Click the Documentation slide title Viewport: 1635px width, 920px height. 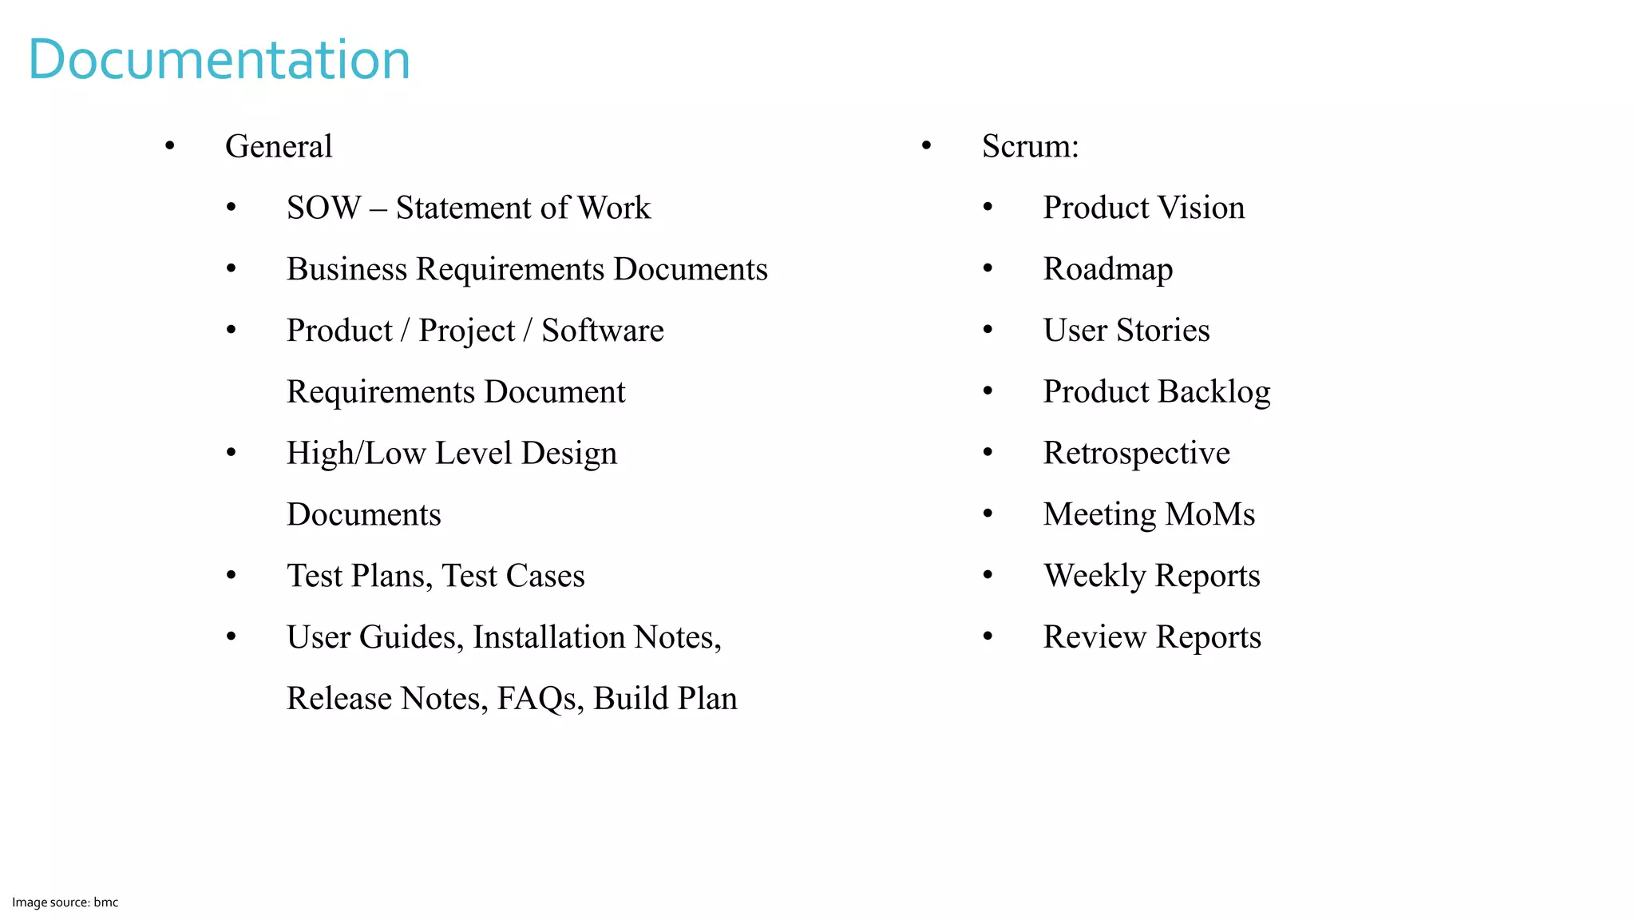click(219, 60)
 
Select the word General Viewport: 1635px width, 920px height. click(279, 147)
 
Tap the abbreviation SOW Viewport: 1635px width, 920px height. click(323, 208)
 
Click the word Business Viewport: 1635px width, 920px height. click(346, 270)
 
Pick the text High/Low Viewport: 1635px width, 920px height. click(355, 454)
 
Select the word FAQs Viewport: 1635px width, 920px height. click(540, 699)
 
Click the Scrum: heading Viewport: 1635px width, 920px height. click(1030, 147)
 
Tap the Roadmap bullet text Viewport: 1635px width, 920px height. click(1107, 270)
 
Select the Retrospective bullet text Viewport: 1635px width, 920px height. click(1136, 454)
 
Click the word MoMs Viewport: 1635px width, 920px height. click(1209, 515)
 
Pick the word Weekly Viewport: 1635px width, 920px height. click(1095, 577)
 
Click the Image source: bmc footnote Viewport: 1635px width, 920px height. click(65, 902)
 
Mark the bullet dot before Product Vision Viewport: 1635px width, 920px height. click(988, 208)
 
